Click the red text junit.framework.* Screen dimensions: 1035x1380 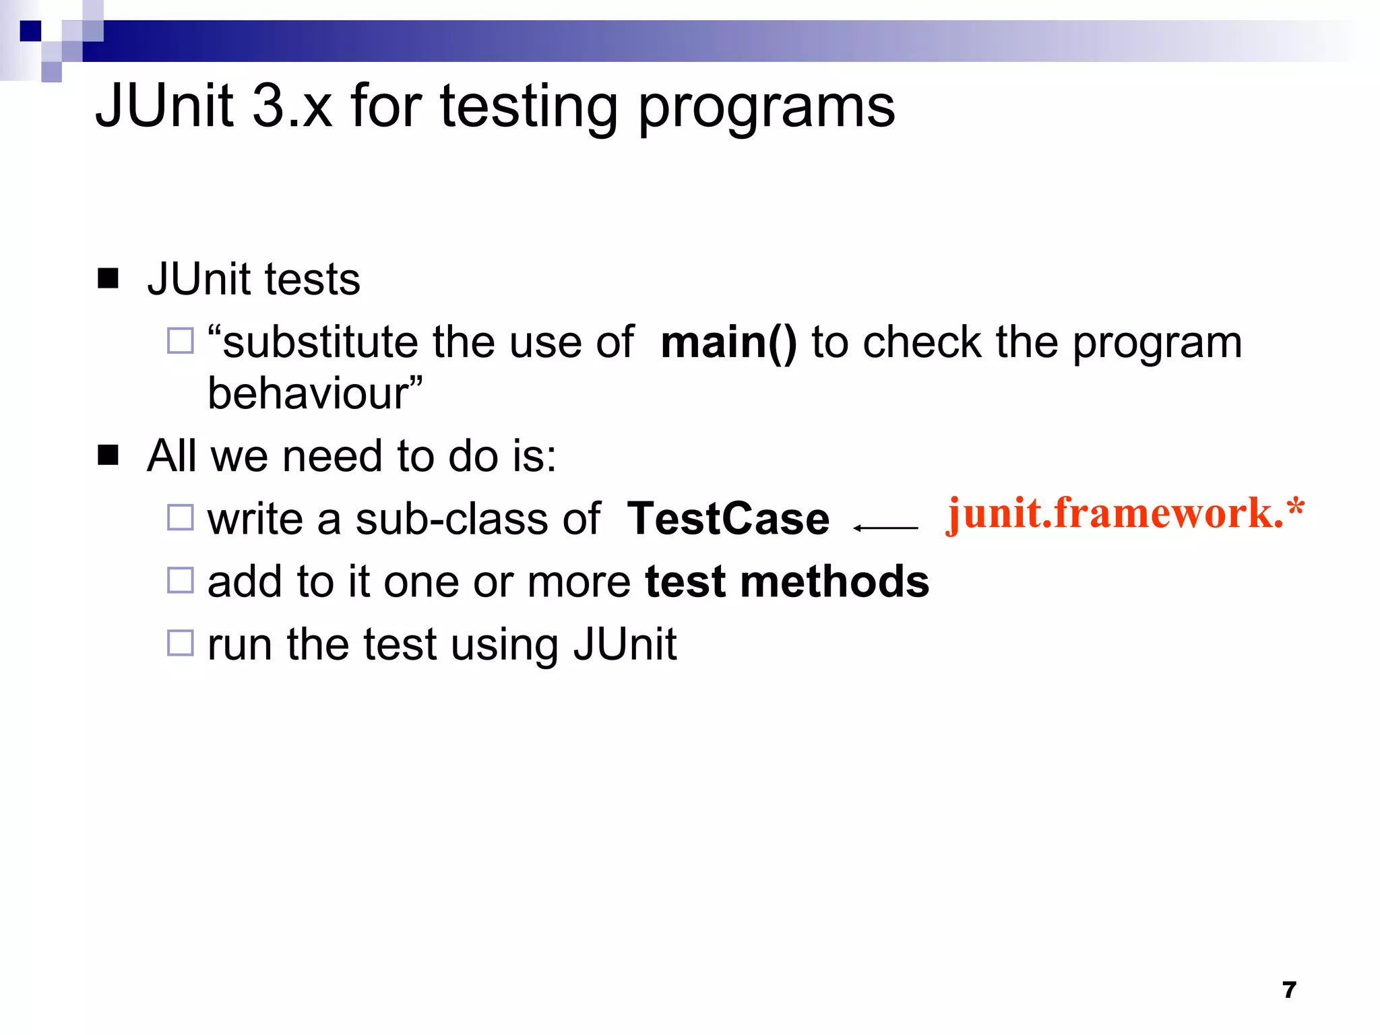click(1124, 514)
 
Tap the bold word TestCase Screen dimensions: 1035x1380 click(728, 519)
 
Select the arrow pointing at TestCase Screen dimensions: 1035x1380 click(885, 528)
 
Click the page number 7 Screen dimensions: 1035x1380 click(1289, 990)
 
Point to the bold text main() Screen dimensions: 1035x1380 click(728, 342)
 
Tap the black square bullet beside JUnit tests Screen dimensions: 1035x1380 click(108, 278)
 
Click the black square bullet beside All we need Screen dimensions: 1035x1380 click(108, 456)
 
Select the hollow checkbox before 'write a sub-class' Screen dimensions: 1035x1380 click(180, 517)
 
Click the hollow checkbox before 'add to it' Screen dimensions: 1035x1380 click(180, 580)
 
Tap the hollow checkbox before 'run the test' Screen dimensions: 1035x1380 click(180, 643)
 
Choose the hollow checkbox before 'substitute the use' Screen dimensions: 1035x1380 click(180, 340)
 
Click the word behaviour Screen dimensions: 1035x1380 click(310, 393)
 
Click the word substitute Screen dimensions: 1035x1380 click(320, 342)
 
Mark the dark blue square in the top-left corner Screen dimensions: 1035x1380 click(30, 31)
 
